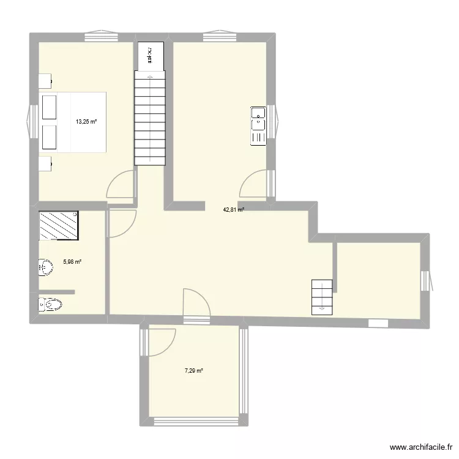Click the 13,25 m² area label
[x=86, y=121]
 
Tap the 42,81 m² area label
[x=233, y=209]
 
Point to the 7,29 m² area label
[x=194, y=371]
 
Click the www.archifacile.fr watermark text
[x=420, y=447]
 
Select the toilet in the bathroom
[x=50, y=304]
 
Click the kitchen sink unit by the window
[x=258, y=125]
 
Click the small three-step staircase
[x=322, y=297]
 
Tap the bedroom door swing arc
[x=119, y=184]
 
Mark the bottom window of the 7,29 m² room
[x=196, y=420]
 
